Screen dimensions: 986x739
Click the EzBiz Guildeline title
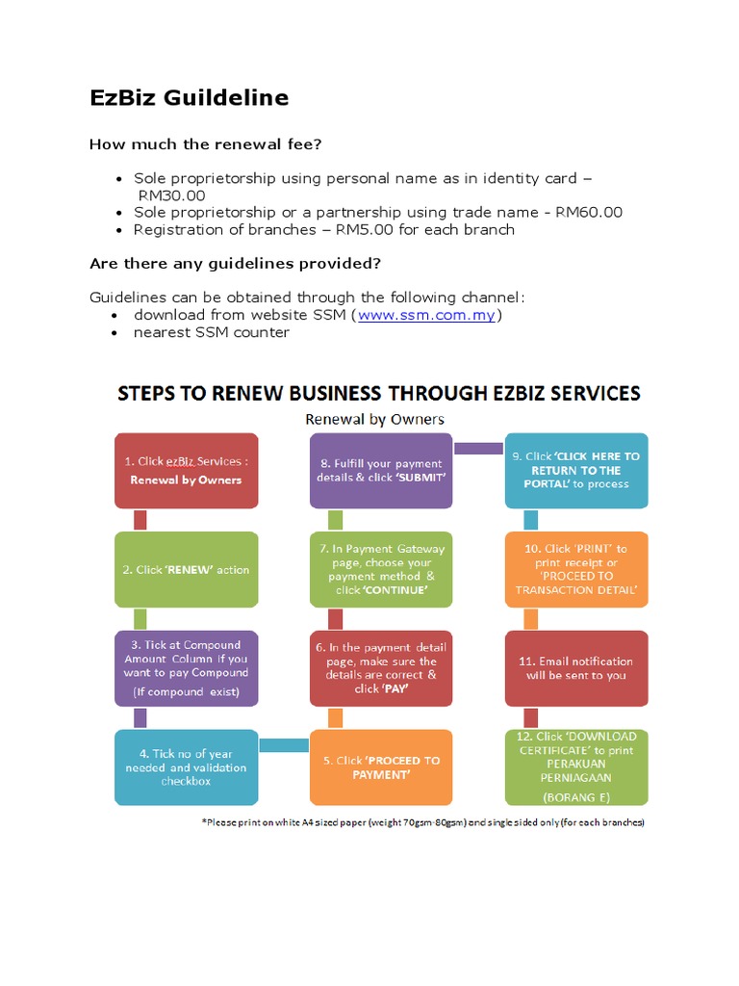[189, 98]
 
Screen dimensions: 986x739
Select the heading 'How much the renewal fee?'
[205, 144]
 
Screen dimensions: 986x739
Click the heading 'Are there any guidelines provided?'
[235, 263]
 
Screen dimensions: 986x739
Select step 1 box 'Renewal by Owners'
[187, 472]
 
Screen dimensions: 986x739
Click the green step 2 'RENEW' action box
[187, 569]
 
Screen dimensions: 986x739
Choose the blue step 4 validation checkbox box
[187, 767]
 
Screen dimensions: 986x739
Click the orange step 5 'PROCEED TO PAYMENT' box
[382, 767]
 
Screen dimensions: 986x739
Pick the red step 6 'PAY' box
[382, 668]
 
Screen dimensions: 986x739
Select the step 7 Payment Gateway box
[382, 569]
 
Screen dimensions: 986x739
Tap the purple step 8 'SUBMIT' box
[382, 472]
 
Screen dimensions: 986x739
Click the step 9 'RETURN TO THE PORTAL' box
[576, 472]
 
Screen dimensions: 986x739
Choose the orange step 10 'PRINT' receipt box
[576, 569]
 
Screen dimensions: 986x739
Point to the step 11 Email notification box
[576, 668]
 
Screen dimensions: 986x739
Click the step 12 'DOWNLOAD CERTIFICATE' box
[576, 767]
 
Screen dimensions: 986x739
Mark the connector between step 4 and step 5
[284, 744]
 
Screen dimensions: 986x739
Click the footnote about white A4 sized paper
[422, 823]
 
